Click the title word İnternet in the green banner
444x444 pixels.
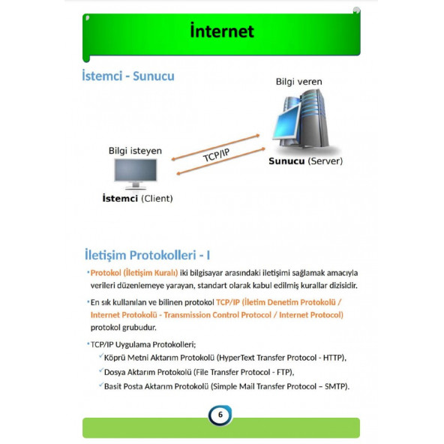[222, 31]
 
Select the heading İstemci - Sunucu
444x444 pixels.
[128, 76]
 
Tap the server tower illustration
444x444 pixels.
[304, 121]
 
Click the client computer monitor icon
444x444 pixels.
[135, 173]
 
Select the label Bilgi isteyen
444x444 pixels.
[135, 151]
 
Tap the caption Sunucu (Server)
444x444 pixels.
[305, 160]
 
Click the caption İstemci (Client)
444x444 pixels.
[137, 198]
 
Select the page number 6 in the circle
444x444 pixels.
[220, 415]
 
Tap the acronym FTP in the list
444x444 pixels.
[280, 372]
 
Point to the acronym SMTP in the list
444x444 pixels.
[332, 386]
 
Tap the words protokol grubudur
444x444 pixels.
[123, 328]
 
